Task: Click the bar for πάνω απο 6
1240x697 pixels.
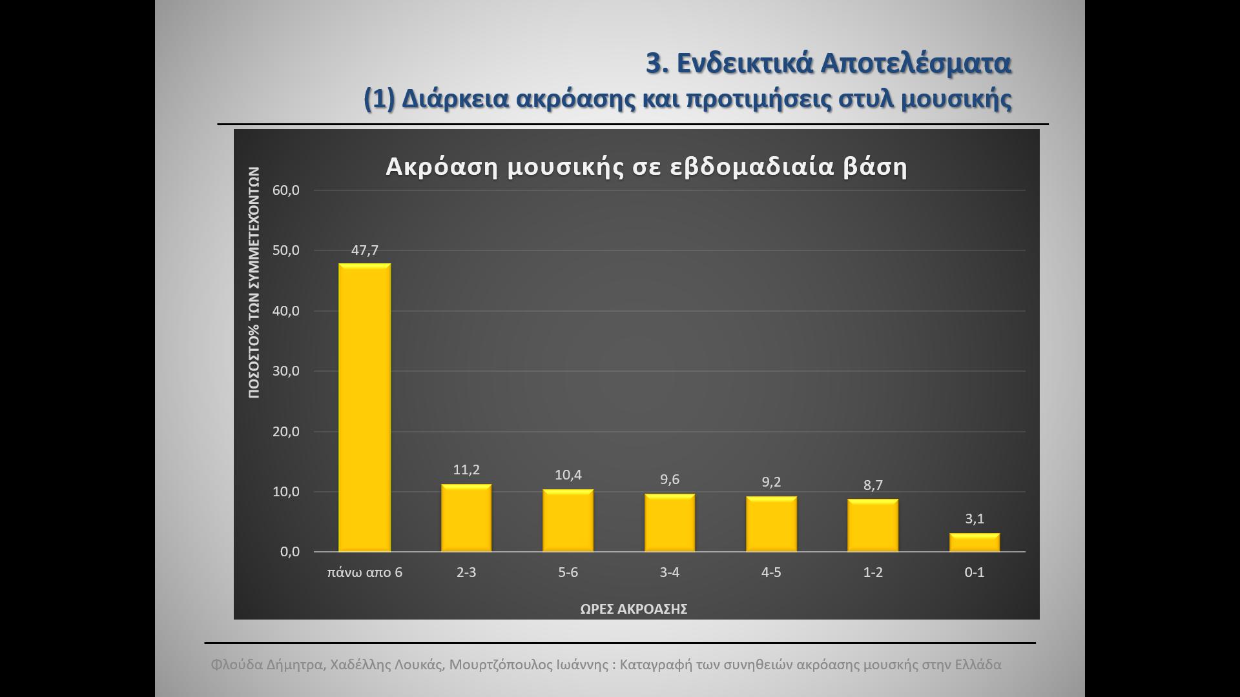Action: pos(364,407)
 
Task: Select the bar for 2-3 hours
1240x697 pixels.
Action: pos(466,518)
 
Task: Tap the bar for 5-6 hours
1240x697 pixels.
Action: pos(568,521)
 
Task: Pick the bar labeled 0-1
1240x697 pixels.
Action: pos(974,543)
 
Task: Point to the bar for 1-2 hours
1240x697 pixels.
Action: pos(873,525)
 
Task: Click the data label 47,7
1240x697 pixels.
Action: pos(364,250)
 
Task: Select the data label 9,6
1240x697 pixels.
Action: pos(670,480)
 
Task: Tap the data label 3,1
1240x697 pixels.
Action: pos(974,519)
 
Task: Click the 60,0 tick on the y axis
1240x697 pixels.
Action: pos(286,190)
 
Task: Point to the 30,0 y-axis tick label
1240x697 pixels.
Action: pos(286,371)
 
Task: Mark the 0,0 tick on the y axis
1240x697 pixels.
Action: pos(289,552)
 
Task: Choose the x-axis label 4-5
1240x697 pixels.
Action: pos(771,572)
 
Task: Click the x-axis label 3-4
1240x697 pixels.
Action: pos(670,572)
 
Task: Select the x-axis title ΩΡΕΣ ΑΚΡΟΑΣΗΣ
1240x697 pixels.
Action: pos(634,609)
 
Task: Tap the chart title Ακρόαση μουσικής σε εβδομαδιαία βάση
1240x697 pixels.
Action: pos(646,167)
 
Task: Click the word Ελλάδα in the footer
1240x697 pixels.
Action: pos(978,665)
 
